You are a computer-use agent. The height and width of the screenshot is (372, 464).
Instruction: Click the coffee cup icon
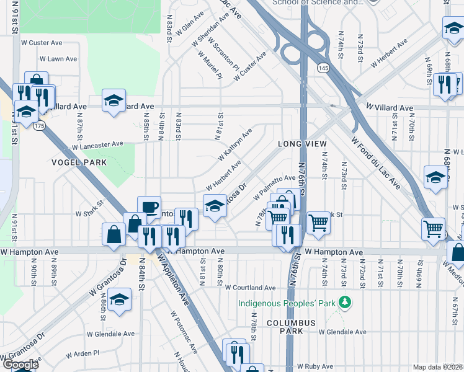pyautogui.click(x=149, y=207)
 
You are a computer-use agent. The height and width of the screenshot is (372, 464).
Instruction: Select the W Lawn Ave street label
pyautogui.click(x=58, y=59)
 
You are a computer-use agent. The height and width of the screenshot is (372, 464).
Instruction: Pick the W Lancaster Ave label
pyautogui.click(x=97, y=146)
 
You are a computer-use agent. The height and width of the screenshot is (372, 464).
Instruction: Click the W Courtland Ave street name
pyautogui.click(x=250, y=288)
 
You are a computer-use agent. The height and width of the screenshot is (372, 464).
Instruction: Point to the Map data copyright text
pyautogui.click(x=437, y=367)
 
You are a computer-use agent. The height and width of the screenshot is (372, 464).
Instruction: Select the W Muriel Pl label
pyautogui.click(x=210, y=66)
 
